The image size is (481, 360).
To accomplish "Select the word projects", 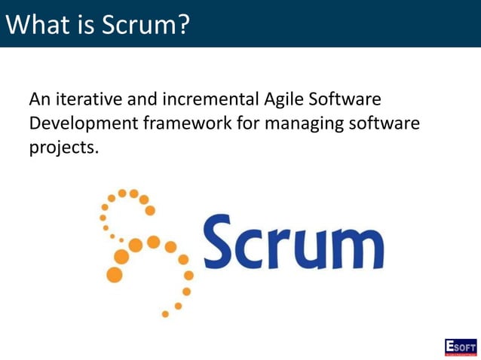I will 63,147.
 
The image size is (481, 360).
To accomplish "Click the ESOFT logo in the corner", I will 460,346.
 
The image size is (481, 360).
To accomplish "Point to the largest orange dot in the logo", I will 115,274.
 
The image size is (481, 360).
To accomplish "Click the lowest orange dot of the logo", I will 165,313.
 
